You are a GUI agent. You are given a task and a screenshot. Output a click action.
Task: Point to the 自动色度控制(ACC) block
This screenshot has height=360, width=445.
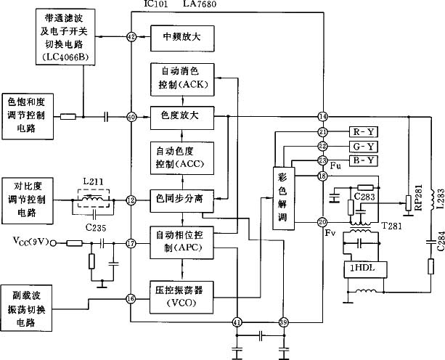pyautogui.click(x=182, y=157)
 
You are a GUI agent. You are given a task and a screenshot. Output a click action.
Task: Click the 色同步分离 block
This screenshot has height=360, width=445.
pyautogui.click(x=182, y=198)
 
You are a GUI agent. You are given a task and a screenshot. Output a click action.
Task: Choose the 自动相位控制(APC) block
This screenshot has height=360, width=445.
pyautogui.click(x=182, y=242)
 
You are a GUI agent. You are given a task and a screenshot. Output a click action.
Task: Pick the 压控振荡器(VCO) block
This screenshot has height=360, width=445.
pyautogui.click(x=182, y=296)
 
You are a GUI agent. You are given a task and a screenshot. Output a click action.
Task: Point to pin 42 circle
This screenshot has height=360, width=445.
pyautogui.click(x=131, y=36)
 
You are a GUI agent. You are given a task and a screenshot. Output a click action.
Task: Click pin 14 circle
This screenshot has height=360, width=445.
pyautogui.click(x=323, y=117)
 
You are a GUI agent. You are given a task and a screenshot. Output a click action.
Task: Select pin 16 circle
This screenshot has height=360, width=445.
pyautogui.click(x=131, y=298)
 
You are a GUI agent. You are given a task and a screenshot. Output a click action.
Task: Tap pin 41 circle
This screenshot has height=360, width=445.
pyautogui.click(x=237, y=322)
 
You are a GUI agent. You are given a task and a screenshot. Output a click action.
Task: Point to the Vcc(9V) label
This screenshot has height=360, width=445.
pyautogui.click(x=31, y=240)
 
